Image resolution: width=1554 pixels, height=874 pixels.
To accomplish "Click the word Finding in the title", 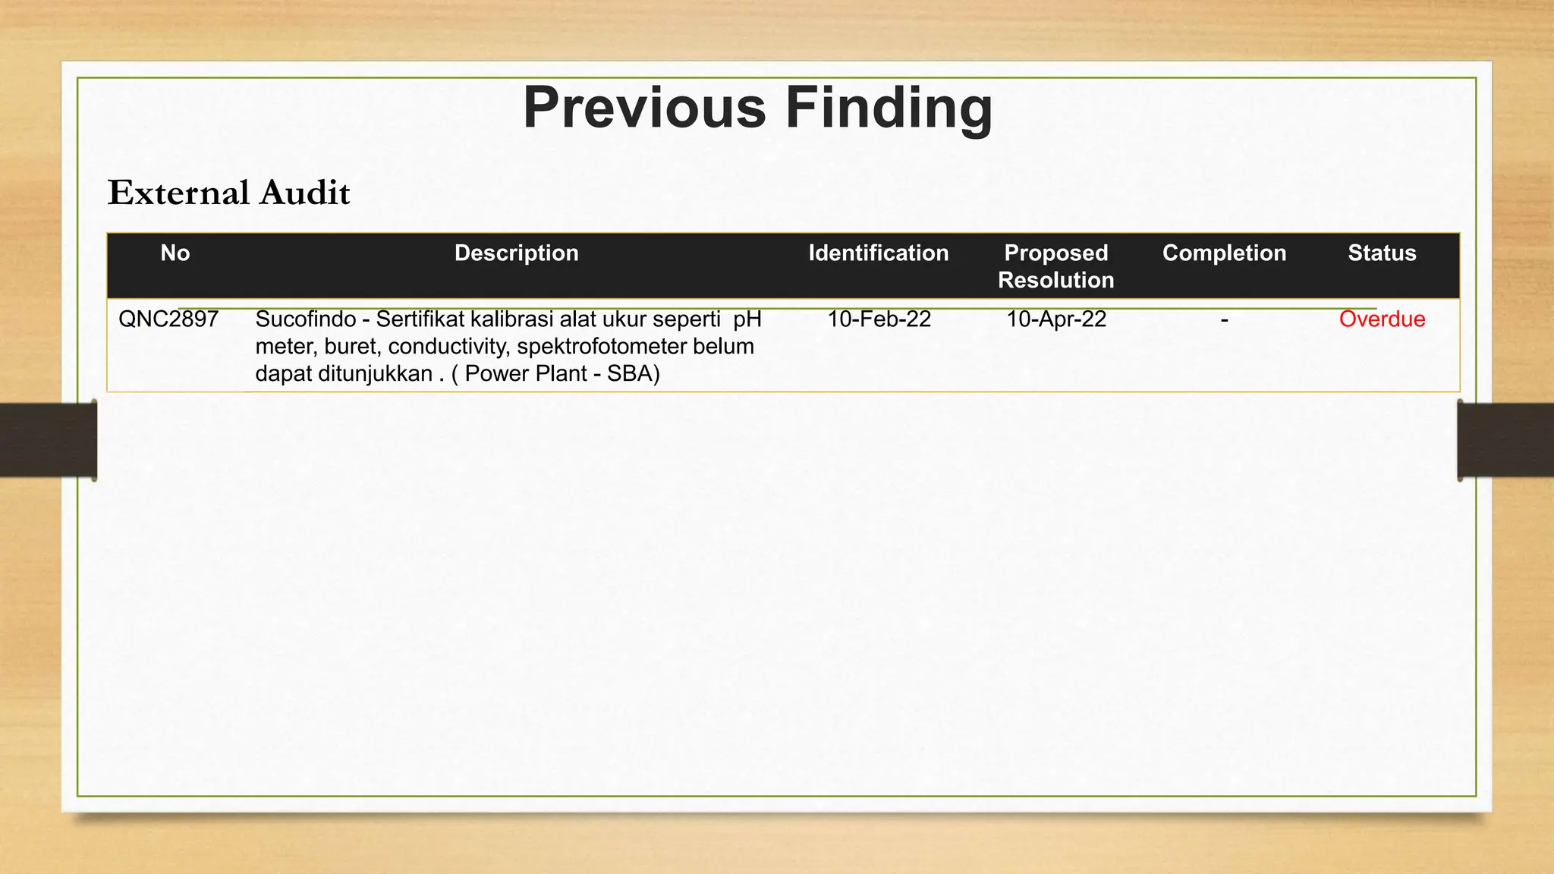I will [x=889, y=108].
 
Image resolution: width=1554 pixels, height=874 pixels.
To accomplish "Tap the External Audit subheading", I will [x=228, y=193].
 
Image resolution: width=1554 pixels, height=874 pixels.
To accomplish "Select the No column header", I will [x=175, y=253].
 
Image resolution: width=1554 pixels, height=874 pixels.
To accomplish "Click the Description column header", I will [x=516, y=253].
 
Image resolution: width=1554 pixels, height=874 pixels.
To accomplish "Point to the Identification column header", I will [x=878, y=253].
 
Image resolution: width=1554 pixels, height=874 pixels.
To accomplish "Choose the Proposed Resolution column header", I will [x=1055, y=266].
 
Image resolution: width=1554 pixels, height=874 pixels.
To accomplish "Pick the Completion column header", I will [x=1224, y=253].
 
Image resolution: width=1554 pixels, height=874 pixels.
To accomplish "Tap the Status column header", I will [x=1382, y=253].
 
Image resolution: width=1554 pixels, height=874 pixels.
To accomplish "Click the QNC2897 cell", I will [x=168, y=319].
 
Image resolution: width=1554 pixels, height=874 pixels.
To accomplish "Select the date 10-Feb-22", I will [x=879, y=319].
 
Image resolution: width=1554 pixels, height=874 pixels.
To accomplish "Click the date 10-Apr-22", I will [x=1055, y=319].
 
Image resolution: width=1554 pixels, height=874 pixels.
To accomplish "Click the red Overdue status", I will [x=1382, y=319].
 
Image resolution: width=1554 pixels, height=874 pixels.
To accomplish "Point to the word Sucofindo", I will [x=305, y=319].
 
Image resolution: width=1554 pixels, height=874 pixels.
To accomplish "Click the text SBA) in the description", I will [x=633, y=374].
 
